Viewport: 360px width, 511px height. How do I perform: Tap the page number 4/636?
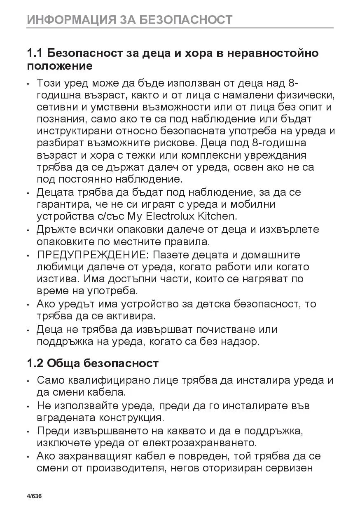34,496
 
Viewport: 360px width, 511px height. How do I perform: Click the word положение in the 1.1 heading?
59,66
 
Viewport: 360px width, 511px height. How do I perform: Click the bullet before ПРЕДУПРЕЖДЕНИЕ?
28,255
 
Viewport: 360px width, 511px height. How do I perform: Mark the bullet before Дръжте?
28,230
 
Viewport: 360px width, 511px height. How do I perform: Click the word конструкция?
129,417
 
